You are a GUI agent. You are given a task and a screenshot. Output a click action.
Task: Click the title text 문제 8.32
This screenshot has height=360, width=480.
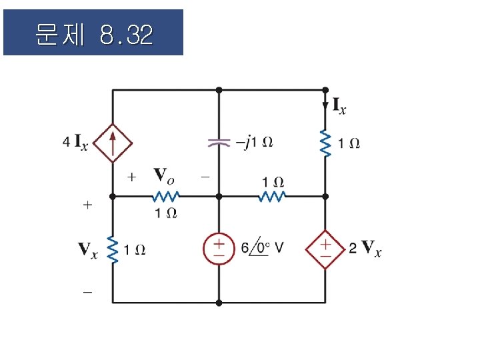click(93, 33)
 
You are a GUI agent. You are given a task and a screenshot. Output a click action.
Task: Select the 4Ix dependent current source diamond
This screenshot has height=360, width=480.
click(112, 142)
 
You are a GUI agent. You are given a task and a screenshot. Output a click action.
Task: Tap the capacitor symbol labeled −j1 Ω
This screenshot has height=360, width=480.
click(219, 142)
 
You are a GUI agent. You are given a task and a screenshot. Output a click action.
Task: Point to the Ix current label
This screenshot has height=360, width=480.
click(339, 105)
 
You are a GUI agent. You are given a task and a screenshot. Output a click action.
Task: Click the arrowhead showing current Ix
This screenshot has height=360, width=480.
click(325, 105)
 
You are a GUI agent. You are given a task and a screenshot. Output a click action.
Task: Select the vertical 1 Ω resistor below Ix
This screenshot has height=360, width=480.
click(325, 143)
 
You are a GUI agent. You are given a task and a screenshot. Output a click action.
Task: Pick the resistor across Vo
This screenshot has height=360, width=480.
click(165, 197)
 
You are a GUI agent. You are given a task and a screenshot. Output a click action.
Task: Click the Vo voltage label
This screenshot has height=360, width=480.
click(165, 176)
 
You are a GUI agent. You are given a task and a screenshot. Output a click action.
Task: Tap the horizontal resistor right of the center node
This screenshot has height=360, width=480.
click(272, 197)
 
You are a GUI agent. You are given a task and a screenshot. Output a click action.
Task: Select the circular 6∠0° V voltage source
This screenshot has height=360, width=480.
click(219, 249)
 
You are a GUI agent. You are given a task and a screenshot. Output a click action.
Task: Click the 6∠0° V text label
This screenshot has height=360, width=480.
click(262, 249)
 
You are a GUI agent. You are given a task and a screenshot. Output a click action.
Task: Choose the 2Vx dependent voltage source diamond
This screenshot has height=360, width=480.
click(325, 249)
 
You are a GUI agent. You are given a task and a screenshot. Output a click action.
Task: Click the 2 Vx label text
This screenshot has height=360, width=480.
click(365, 250)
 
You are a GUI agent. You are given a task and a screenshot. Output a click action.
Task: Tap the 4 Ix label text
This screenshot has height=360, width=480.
click(75, 142)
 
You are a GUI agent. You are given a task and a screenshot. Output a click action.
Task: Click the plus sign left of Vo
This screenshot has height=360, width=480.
click(131, 177)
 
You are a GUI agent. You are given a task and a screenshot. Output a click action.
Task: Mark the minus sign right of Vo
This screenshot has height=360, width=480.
click(205, 177)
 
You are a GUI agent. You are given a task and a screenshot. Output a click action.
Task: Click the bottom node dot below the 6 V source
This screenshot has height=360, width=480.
click(219, 303)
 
